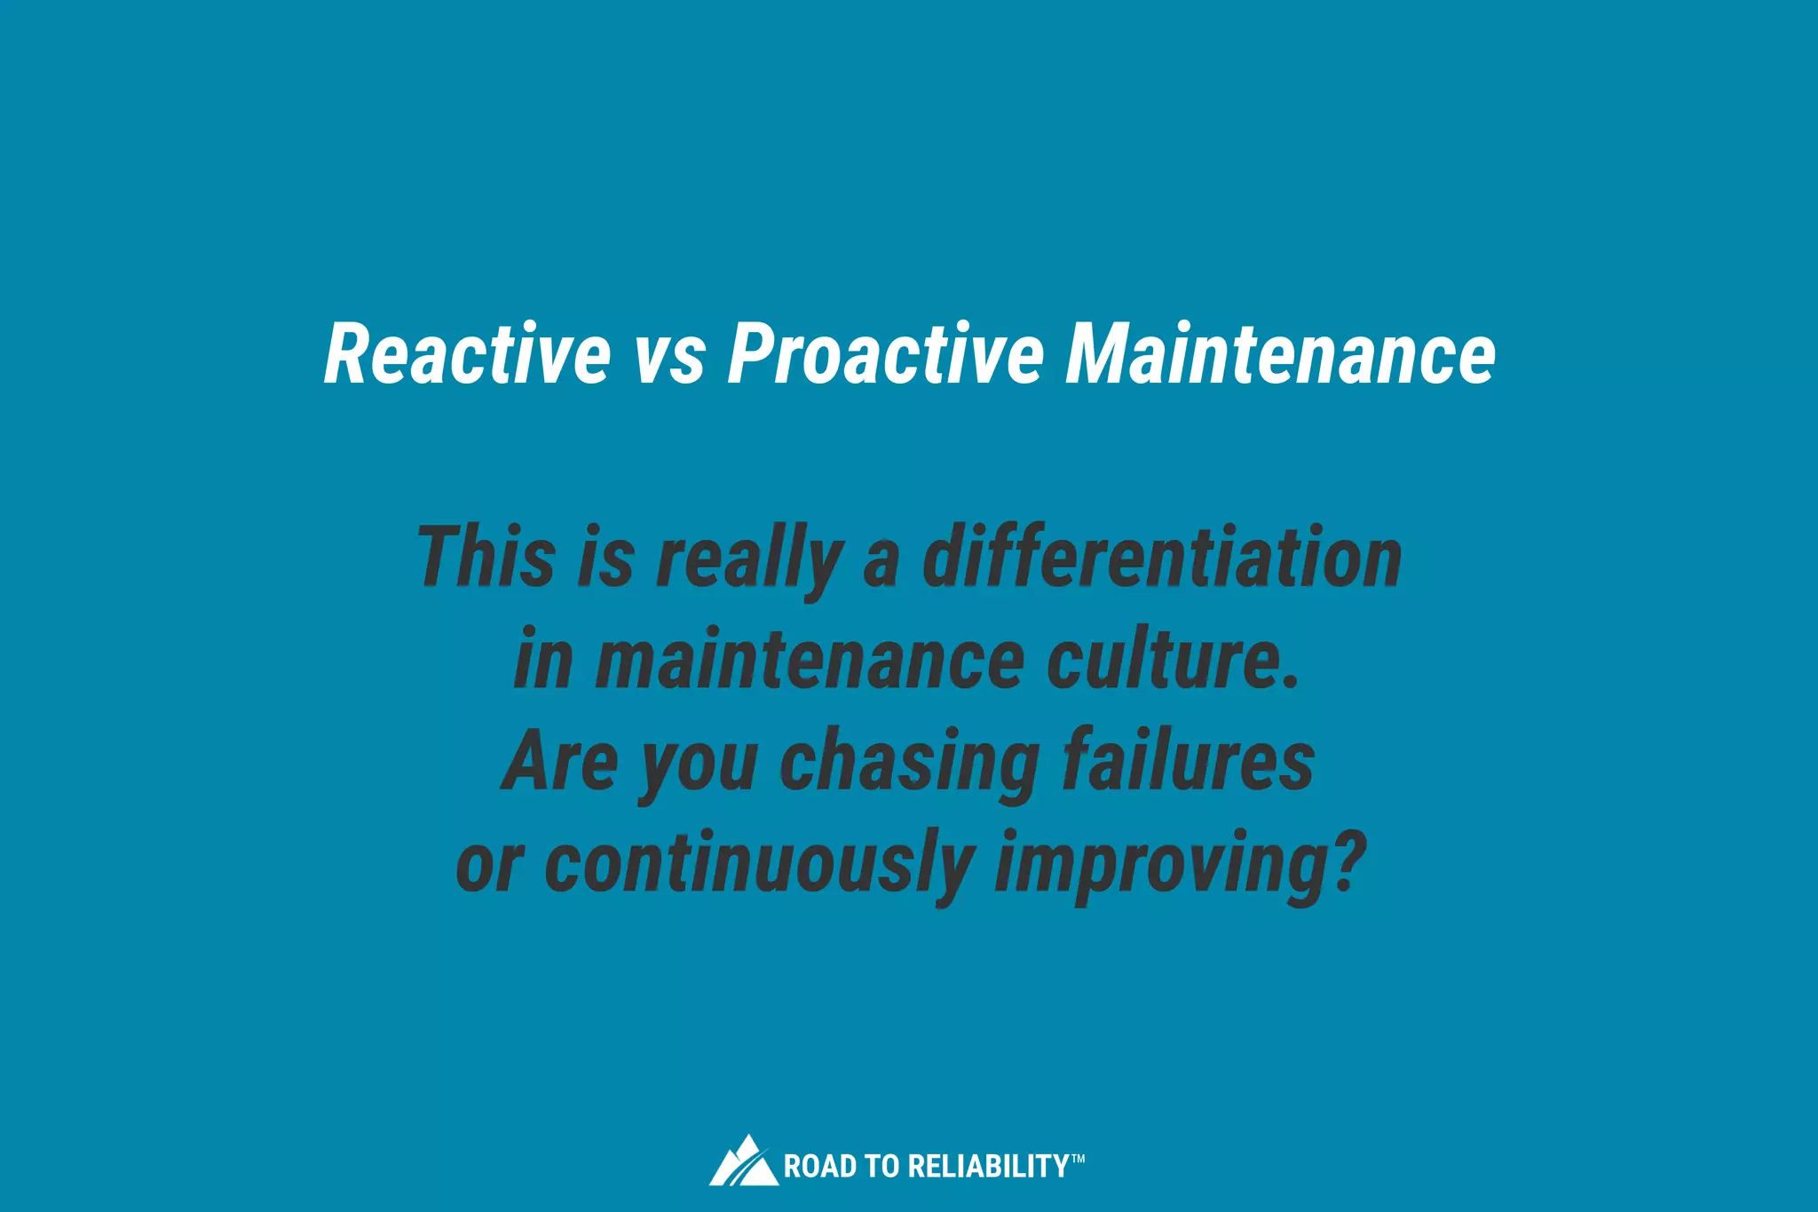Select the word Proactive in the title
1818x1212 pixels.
click(886, 354)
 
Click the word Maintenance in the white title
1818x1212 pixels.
click(1280, 354)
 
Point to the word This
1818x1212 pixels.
click(486, 557)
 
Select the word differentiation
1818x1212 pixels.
click(1162, 557)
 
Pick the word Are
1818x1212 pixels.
click(559, 762)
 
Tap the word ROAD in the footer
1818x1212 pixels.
click(808, 1167)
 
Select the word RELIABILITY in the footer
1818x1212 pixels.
click(989, 1167)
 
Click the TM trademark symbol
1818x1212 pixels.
click(1078, 1158)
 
